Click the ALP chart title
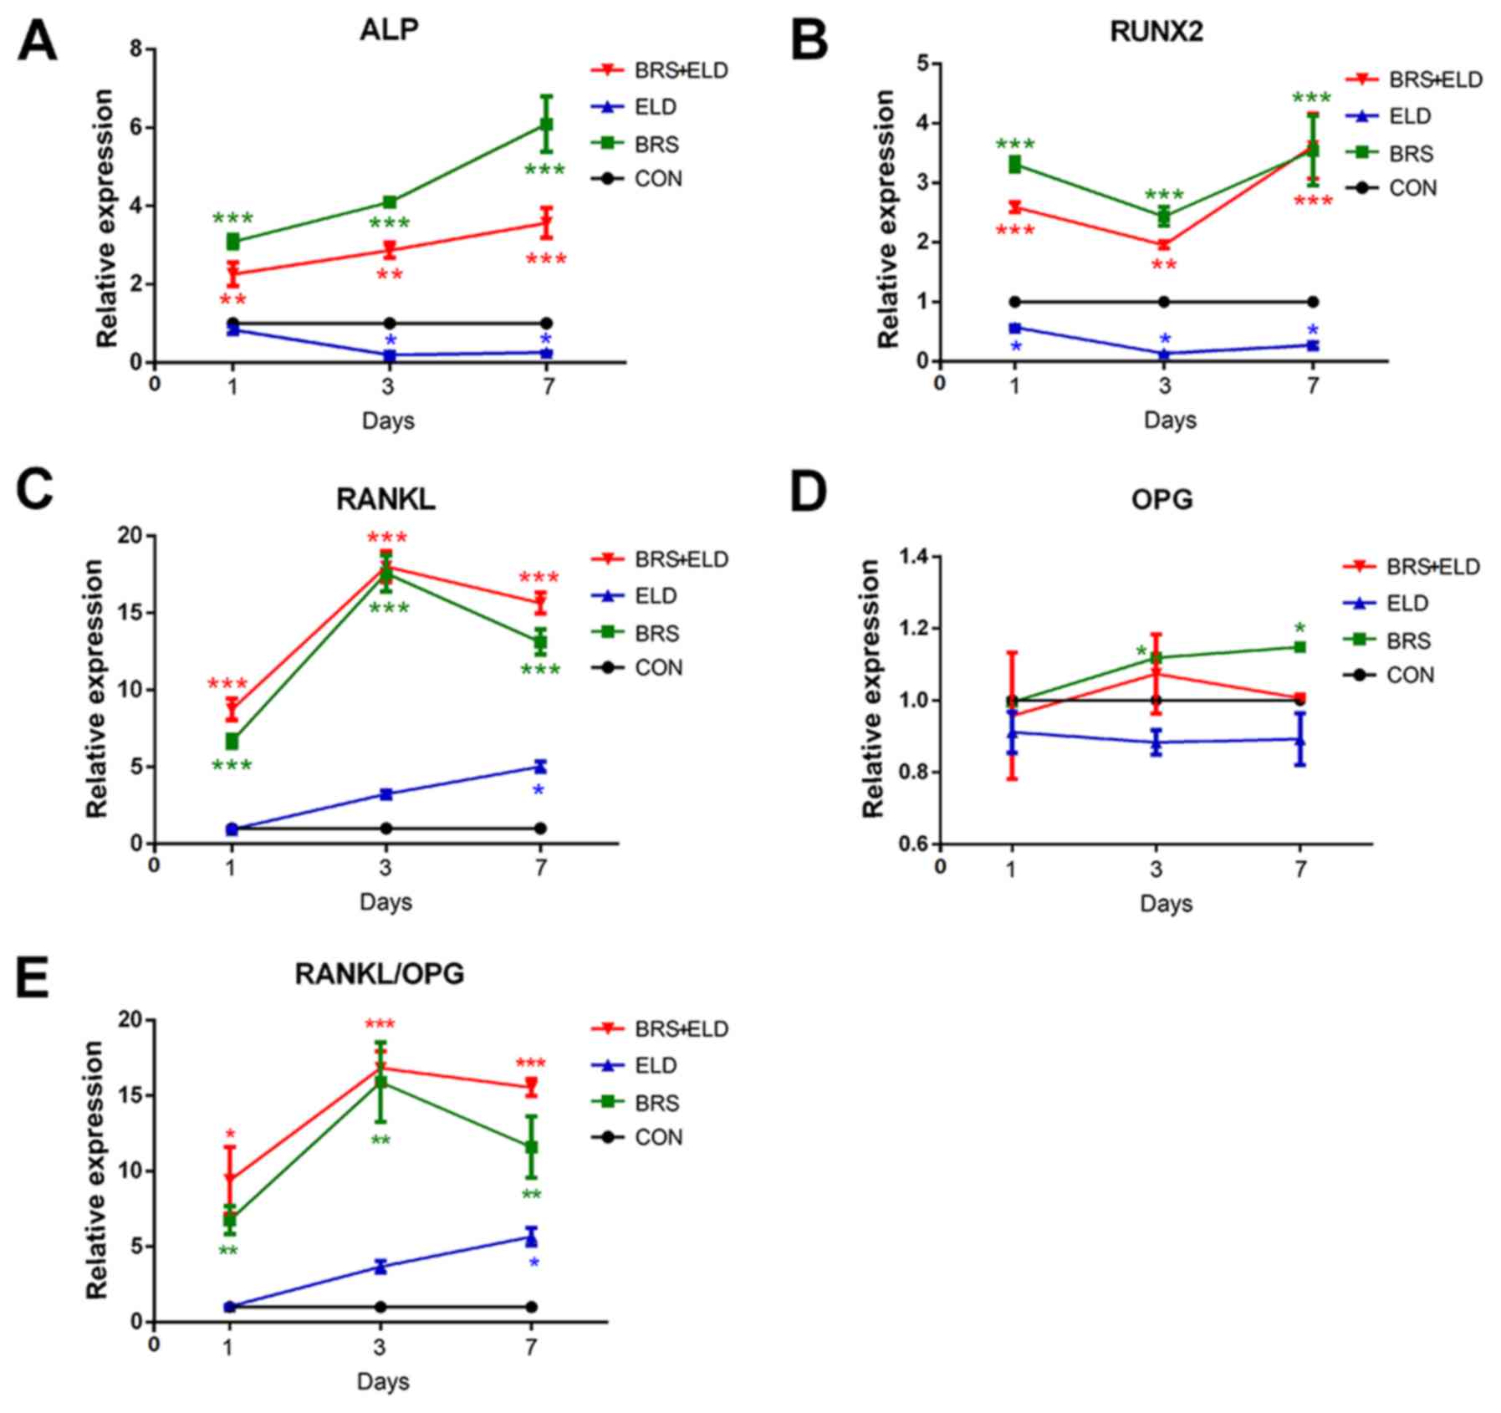[x=389, y=29]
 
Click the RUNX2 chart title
[x=1156, y=31]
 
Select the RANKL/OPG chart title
[x=379, y=973]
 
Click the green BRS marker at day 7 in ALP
[x=547, y=125]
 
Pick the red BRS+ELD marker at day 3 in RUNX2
[x=1164, y=244]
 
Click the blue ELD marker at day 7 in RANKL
[x=540, y=767]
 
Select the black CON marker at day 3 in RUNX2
[x=1164, y=302]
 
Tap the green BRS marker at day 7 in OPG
[x=1300, y=647]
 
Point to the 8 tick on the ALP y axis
[x=136, y=49]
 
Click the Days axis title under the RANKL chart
[x=385, y=902]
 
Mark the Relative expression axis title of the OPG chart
[x=872, y=688]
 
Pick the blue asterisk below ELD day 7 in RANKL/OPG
[x=534, y=1263]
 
